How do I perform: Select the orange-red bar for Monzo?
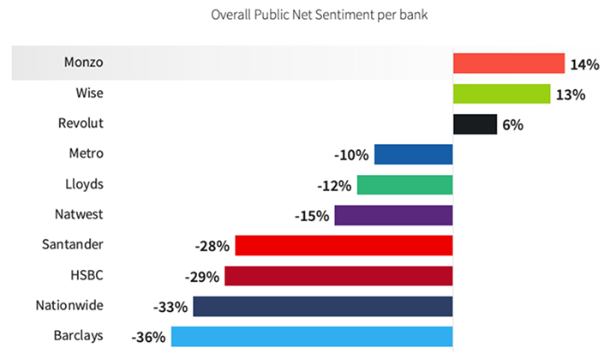[508, 63]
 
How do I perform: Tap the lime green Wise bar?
[501, 93]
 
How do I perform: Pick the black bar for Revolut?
[475, 124]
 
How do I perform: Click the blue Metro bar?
[413, 154]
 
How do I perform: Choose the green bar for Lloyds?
[404, 185]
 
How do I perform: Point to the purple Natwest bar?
[393, 215]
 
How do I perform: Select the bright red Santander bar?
[344, 245]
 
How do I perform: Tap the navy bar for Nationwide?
[323, 306]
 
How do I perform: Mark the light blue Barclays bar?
[312, 336]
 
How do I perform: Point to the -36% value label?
[150, 337]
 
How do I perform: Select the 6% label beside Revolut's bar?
[512, 125]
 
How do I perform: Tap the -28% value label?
[212, 247]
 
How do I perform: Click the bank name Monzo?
[84, 63]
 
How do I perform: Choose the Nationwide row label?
[69, 305]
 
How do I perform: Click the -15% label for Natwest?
[312, 216]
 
